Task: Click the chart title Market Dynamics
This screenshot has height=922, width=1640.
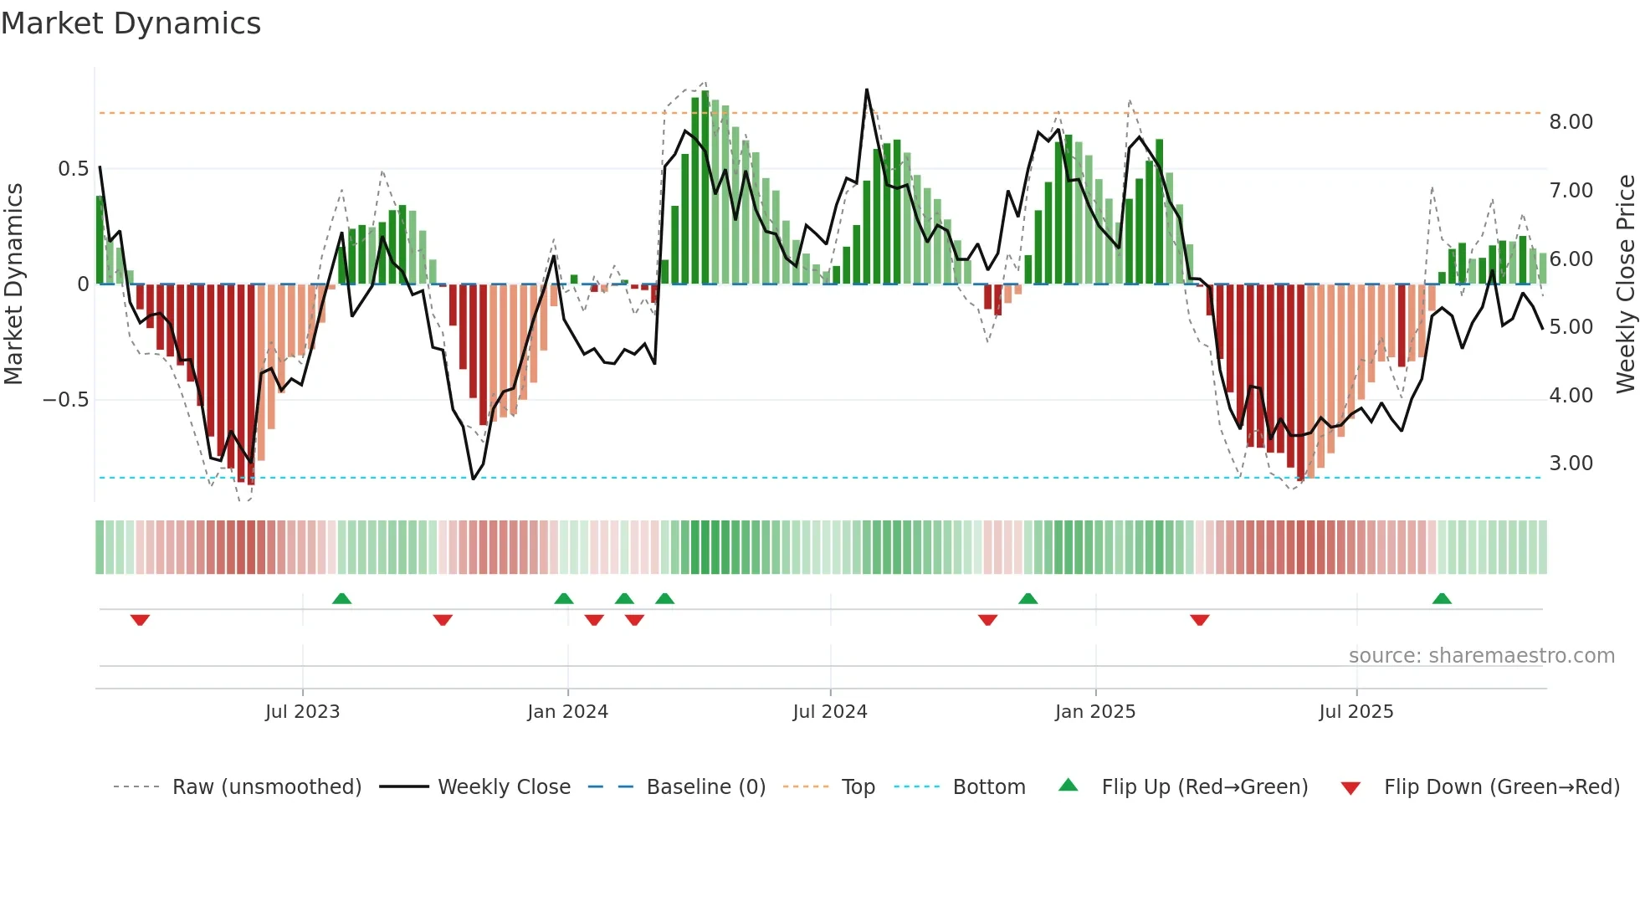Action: click(x=131, y=23)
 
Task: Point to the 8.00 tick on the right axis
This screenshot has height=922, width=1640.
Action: click(x=1571, y=122)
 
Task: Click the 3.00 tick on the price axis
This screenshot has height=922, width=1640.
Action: click(x=1571, y=464)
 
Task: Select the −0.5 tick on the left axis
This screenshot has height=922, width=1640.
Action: click(x=66, y=399)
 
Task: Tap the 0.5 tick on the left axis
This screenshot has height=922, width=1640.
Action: click(x=73, y=169)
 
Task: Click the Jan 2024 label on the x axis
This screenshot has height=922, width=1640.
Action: click(x=567, y=712)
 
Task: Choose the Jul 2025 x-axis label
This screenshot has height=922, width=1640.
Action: click(x=1356, y=712)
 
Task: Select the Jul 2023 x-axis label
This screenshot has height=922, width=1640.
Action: click(x=302, y=712)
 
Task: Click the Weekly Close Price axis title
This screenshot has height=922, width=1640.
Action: click(x=1625, y=284)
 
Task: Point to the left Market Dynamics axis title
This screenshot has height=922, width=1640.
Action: click(x=13, y=284)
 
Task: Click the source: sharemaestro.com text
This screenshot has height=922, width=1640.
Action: click(x=1481, y=656)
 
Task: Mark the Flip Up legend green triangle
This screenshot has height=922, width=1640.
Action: click(x=1068, y=786)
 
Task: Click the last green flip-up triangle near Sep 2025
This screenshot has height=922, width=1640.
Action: click(x=1441, y=598)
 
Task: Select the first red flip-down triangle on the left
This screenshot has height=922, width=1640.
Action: click(x=140, y=620)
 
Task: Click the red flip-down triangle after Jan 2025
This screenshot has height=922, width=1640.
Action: click(x=1199, y=620)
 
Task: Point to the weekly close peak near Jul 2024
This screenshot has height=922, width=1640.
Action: click(x=866, y=90)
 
